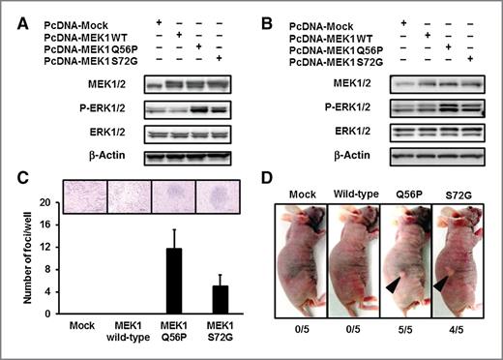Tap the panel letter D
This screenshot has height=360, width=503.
(x=269, y=182)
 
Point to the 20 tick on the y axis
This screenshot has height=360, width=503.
(x=45, y=201)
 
